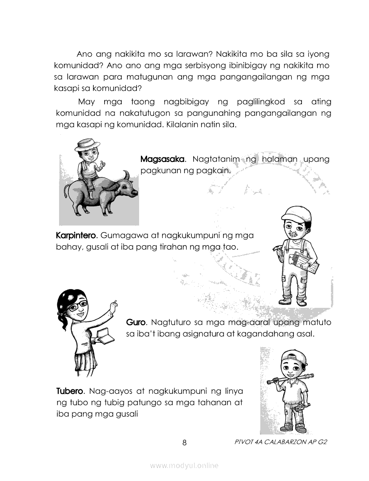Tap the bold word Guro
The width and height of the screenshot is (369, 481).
click(x=136, y=322)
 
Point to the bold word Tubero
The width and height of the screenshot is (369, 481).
click(x=69, y=391)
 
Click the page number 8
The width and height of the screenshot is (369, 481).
click(x=184, y=443)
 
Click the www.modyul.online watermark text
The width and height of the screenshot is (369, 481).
click(x=184, y=466)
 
